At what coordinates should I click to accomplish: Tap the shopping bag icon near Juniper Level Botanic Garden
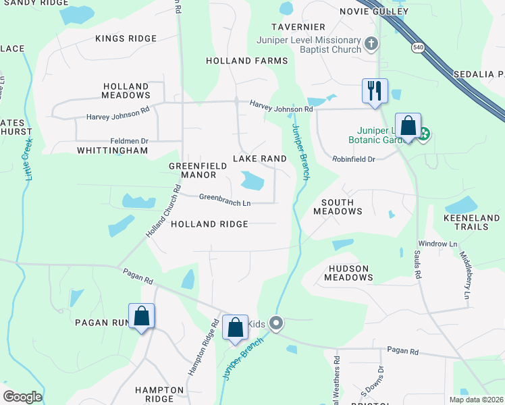tap(408, 126)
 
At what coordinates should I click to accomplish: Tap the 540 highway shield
tap(418, 47)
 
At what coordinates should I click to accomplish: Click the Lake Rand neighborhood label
tap(260, 158)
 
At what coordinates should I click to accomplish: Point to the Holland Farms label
tap(247, 61)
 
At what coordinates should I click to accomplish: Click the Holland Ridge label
tap(209, 224)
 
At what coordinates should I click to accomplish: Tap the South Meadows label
tap(338, 207)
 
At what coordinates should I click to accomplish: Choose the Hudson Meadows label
tap(348, 273)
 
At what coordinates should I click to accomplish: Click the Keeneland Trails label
tap(475, 222)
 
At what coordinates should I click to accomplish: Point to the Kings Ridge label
tap(126, 38)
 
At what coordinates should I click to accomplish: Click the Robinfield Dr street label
tap(353, 159)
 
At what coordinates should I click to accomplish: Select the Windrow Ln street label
tap(437, 243)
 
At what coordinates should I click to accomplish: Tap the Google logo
tap(22, 397)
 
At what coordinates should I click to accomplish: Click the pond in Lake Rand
tap(252, 180)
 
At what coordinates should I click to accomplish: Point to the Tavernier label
tap(298, 27)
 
